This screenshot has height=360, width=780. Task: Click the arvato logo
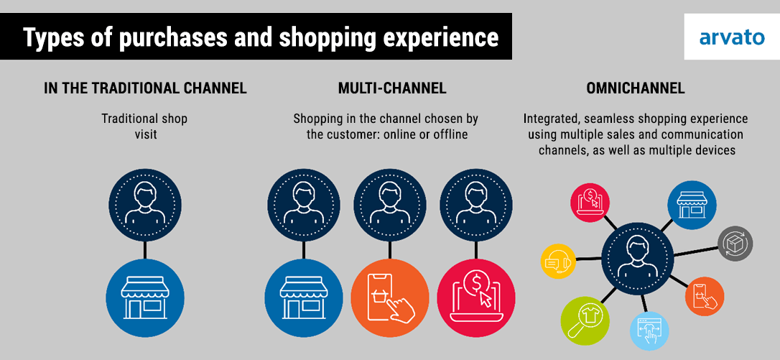pos(732,37)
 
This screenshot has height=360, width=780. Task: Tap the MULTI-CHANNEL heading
pos(392,88)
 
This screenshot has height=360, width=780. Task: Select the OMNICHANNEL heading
pos(635,88)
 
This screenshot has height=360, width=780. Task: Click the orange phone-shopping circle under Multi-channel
pos(390,297)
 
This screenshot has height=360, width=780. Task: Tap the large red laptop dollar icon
pos(476,297)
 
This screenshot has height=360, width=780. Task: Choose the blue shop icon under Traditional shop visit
pos(145,297)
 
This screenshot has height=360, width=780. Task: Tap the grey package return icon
pos(735,244)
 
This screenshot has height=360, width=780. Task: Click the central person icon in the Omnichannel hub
pos(638,258)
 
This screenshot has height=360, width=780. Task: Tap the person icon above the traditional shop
pos(145,205)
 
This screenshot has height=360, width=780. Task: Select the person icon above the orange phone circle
pos(390,205)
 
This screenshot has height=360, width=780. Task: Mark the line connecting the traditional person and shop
pos(145,251)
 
